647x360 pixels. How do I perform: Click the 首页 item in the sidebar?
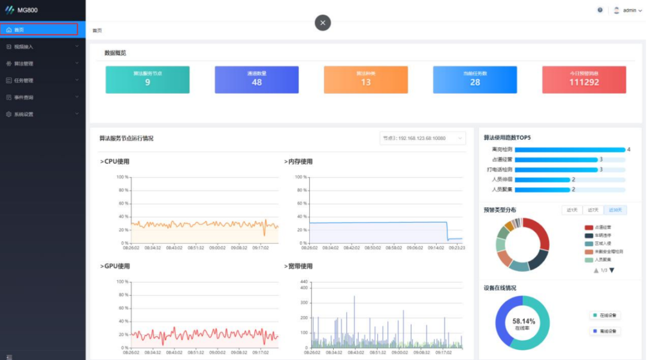(20, 29)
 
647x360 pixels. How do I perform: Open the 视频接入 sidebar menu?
(24, 46)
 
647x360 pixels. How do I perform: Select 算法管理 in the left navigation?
(24, 63)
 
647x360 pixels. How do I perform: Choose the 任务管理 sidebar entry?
(24, 80)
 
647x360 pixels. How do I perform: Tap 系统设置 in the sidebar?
(24, 114)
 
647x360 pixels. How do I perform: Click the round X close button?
(323, 23)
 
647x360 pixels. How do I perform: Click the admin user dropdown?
(628, 10)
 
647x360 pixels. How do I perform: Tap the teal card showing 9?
(147, 80)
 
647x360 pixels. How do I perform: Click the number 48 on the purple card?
(256, 83)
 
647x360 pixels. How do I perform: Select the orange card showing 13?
(365, 80)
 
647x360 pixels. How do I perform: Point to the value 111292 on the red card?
(584, 83)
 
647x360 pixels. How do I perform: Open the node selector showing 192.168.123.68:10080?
(422, 138)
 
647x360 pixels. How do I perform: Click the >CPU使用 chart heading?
(114, 161)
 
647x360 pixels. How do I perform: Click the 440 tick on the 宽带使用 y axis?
(304, 282)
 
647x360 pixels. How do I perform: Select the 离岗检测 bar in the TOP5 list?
(569, 150)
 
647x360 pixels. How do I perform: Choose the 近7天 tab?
(593, 210)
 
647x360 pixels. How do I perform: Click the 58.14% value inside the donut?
(524, 322)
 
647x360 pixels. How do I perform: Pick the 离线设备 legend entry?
(605, 331)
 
